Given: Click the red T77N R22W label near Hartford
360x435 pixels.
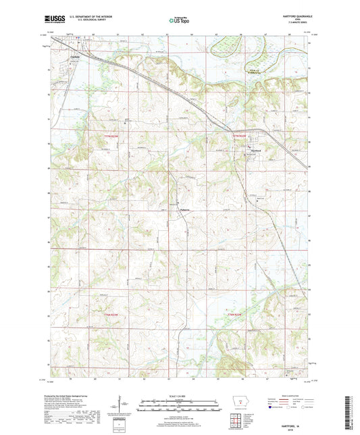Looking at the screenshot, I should (x=240, y=137).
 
